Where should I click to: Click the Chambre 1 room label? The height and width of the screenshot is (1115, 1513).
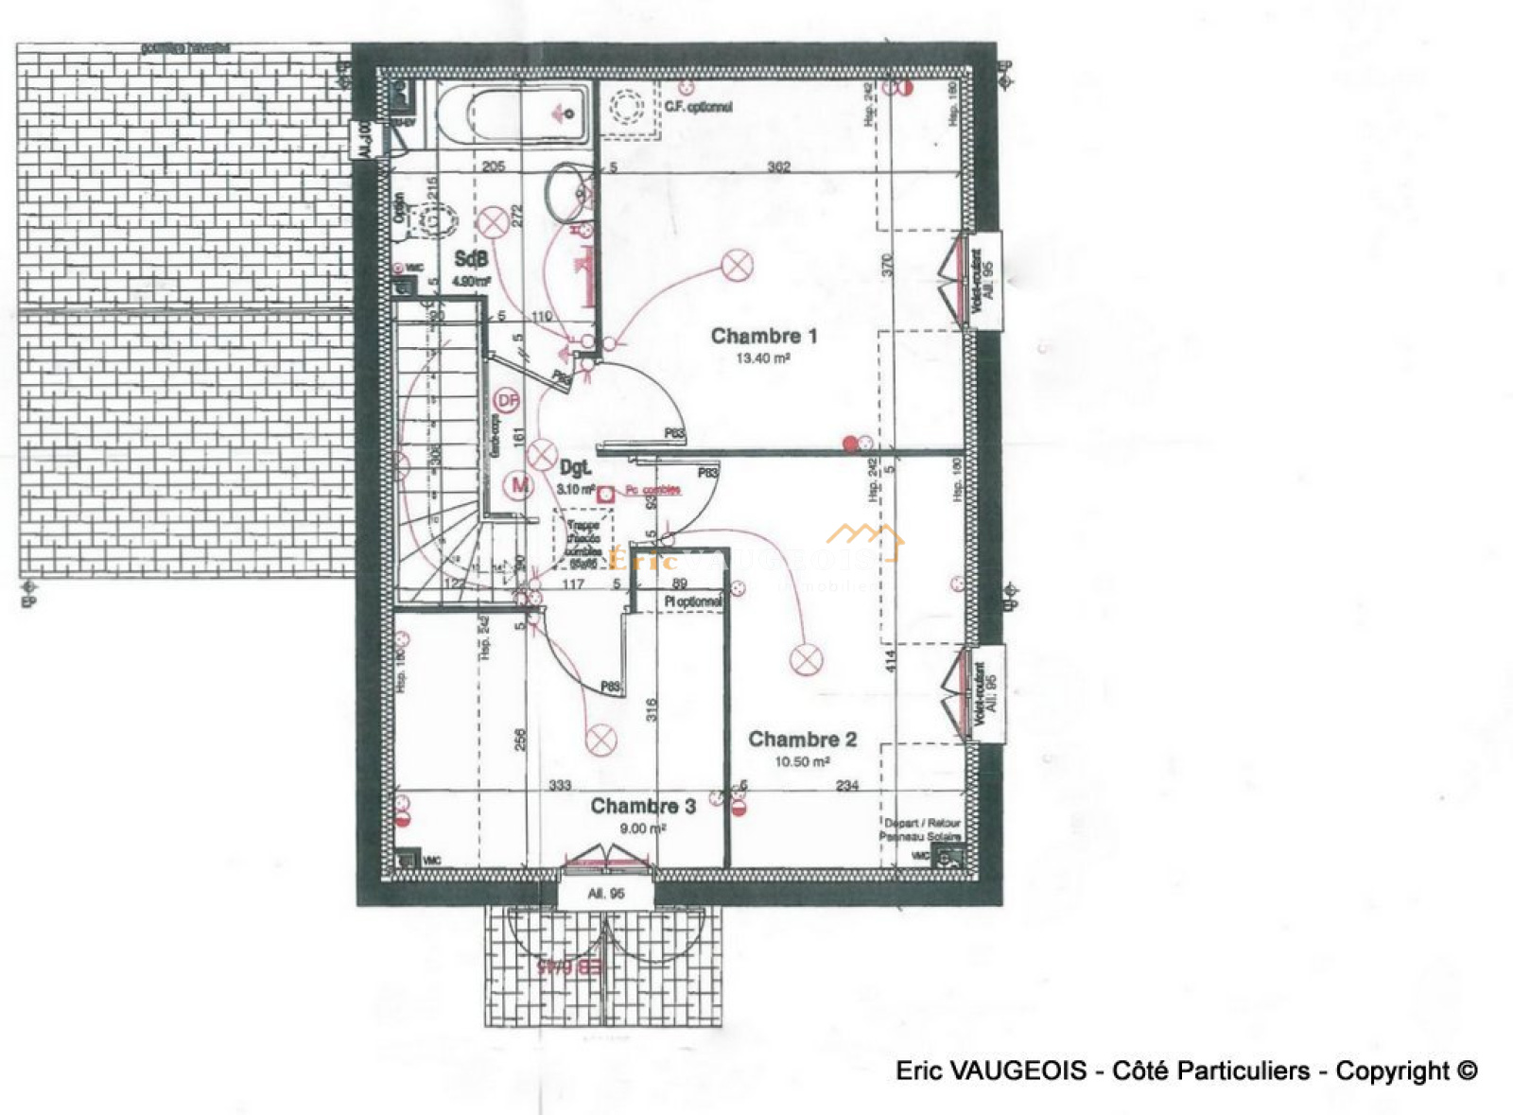tap(763, 336)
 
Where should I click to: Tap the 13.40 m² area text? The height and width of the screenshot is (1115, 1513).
tap(762, 358)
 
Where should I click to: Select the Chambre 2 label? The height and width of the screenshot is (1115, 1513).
tap(802, 740)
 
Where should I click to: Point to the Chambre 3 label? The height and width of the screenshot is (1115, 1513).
tap(643, 806)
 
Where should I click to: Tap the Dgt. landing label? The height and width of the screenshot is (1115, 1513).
tap(575, 467)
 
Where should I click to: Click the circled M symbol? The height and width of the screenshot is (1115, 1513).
tap(519, 486)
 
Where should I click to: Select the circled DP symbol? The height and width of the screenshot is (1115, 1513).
tap(508, 401)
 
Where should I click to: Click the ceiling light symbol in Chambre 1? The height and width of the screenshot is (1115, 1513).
tap(737, 266)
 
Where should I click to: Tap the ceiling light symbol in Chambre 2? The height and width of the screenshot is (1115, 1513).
tap(806, 659)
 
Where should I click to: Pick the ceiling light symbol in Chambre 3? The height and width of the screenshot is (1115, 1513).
tap(600, 740)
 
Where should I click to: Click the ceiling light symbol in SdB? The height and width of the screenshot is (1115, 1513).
tap(492, 224)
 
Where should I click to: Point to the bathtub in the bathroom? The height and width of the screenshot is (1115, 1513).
tap(515, 113)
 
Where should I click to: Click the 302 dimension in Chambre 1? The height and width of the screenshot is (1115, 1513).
tap(778, 167)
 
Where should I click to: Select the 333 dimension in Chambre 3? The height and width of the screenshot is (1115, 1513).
tap(560, 785)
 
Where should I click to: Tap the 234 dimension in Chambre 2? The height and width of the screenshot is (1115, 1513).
tap(847, 785)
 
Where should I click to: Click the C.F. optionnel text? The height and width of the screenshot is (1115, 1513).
tap(698, 107)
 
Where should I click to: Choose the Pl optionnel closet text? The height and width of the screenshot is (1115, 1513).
tap(692, 601)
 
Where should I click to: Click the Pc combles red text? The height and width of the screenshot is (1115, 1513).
tap(652, 490)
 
